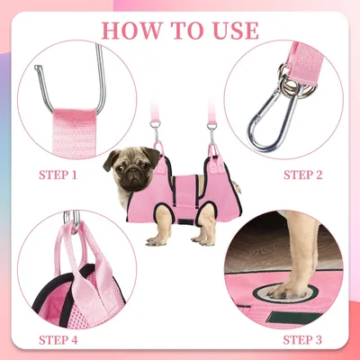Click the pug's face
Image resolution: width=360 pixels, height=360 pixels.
[x=124, y=170]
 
